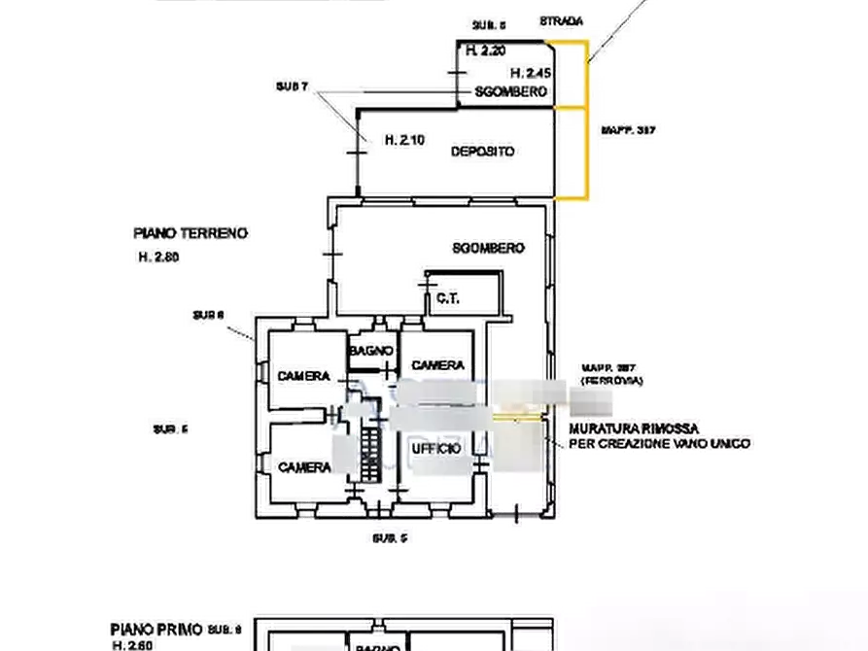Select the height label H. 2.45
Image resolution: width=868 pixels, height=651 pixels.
point(531,73)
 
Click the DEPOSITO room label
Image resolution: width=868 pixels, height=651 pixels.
point(482,151)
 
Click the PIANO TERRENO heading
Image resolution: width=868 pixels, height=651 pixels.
point(189,234)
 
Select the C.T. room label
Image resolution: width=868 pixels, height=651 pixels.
point(449,298)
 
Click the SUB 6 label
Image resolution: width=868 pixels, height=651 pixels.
point(208,314)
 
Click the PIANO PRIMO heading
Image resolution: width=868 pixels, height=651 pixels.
point(155,630)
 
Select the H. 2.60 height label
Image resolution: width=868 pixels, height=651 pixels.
point(133,645)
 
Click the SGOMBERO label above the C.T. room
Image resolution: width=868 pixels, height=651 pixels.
point(488,248)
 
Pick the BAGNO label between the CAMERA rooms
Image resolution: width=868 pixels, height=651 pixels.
point(370,350)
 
